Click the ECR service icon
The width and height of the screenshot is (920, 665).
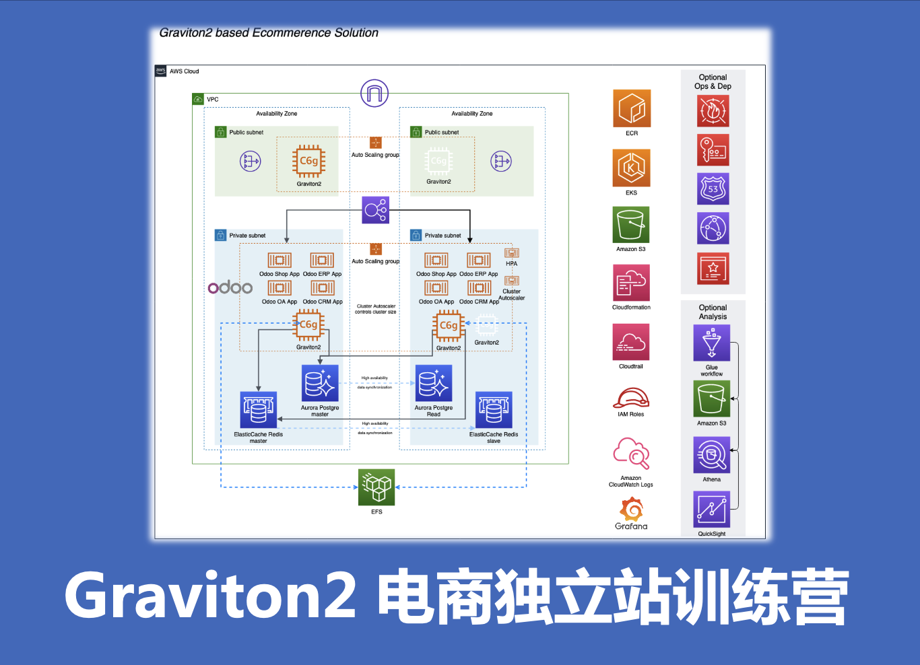(x=631, y=108)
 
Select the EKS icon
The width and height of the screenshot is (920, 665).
(x=631, y=168)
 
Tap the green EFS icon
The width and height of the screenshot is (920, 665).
(x=376, y=487)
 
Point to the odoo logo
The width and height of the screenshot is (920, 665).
(x=230, y=287)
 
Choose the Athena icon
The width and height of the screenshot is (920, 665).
(x=711, y=455)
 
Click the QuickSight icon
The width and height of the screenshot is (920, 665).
(x=711, y=510)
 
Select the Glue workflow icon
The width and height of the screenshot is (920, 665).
(x=711, y=343)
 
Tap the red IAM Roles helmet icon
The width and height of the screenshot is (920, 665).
(x=631, y=398)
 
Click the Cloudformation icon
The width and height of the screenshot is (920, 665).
(x=631, y=283)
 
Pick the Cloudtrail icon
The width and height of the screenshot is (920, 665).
(x=631, y=342)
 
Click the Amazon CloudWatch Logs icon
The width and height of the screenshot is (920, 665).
(x=631, y=454)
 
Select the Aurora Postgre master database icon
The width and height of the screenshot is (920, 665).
(x=320, y=383)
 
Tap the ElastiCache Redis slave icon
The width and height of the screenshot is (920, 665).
(x=494, y=410)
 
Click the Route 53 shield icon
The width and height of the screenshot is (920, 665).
(x=713, y=188)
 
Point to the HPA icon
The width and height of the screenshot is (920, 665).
(x=512, y=253)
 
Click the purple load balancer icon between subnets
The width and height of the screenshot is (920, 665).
(x=375, y=210)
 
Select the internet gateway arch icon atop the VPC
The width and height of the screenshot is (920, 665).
(x=374, y=93)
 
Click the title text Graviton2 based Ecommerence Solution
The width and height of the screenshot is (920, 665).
(x=269, y=33)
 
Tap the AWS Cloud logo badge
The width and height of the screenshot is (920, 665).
(x=161, y=71)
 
